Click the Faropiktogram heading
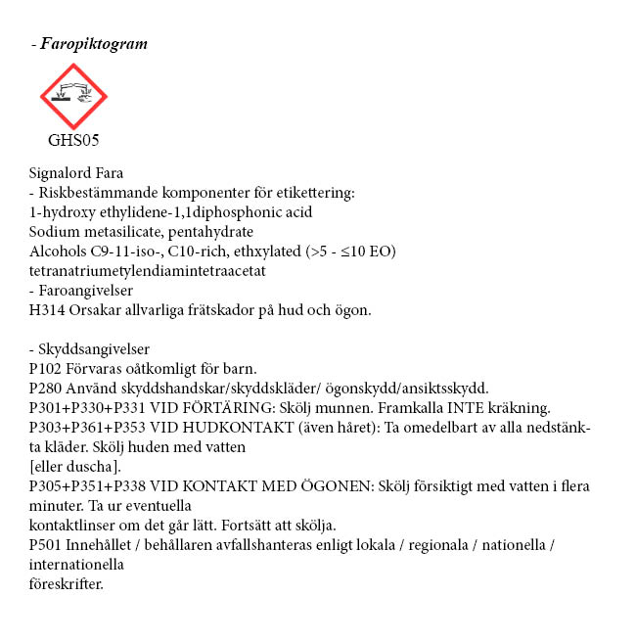[94, 44]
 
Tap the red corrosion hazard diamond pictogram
[73, 96]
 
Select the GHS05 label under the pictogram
[73, 139]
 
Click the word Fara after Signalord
[106, 173]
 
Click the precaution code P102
[45, 369]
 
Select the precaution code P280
[45, 388]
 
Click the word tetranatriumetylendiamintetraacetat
[148, 271]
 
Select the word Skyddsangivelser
[95, 349]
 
